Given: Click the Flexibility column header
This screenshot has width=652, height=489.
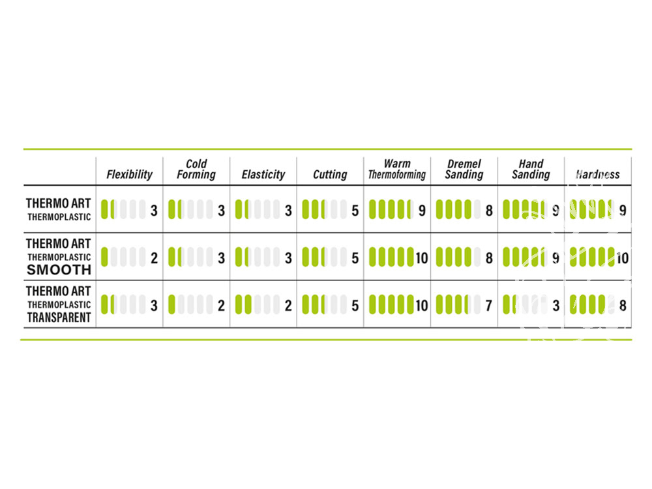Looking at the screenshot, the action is tap(129, 174).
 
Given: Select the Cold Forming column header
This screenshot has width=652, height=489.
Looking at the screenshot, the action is tap(196, 170).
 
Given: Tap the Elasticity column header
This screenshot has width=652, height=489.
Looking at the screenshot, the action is tap(263, 174).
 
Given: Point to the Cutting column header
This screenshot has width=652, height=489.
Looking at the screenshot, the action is tap(330, 174).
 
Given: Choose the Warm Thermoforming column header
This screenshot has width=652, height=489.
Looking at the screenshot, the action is tap(397, 170).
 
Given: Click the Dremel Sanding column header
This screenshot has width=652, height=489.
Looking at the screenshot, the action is tap(464, 170).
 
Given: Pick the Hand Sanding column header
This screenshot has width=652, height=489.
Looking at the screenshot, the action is tap(531, 170).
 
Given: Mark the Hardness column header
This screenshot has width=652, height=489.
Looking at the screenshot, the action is tap(598, 174).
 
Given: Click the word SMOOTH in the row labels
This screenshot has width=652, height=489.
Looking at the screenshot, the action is tap(59, 270).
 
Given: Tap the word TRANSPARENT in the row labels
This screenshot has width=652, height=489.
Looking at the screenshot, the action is tap(59, 318).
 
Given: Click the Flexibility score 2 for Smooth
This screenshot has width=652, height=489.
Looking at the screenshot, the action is tap(155, 258).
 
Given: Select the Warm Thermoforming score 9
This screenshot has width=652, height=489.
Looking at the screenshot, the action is tap(422, 211).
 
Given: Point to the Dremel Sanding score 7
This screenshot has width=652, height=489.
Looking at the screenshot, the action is tap(489, 306).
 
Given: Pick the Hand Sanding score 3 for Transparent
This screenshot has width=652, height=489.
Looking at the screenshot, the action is tap(556, 306).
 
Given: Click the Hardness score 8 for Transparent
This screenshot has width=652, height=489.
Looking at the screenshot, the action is tap(623, 306).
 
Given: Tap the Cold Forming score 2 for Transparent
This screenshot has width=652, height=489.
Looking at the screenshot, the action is tap(221, 306).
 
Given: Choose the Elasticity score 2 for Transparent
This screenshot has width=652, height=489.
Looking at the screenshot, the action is tap(288, 306).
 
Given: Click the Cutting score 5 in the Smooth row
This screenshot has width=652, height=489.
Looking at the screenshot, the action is tap(355, 258).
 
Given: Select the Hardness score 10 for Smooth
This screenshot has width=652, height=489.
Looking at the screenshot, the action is tap(623, 258).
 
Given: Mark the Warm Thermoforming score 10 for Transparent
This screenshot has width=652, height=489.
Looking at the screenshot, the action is tap(422, 306).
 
